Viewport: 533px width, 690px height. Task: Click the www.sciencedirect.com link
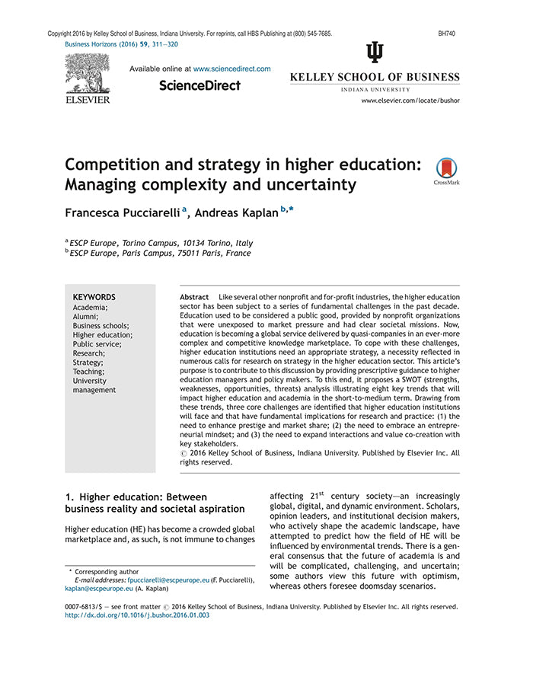pyautogui.click(x=231, y=69)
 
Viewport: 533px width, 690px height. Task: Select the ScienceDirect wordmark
pyautogui.click(x=199, y=86)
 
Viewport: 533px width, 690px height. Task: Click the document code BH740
pyautogui.click(x=448, y=34)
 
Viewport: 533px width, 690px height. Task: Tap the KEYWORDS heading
pyautogui.click(x=94, y=297)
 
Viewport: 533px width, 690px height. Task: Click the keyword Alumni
pyautogui.click(x=85, y=316)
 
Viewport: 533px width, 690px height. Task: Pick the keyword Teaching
pyautogui.click(x=88, y=371)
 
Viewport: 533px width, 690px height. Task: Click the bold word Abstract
pyautogui.click(x=194, y=296)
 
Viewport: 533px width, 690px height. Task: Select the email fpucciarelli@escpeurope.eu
pyautogui.click(x=168, y=580)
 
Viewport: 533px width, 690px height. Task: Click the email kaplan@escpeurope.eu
pyautogui.click(x=99, y=589)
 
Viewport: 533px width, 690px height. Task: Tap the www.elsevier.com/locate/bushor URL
pyautogui.click(x=410, y=101)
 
